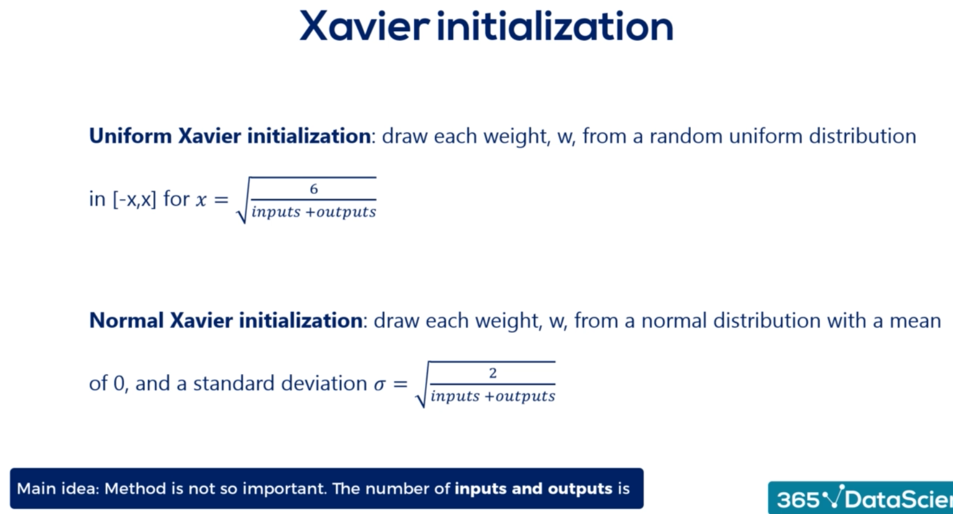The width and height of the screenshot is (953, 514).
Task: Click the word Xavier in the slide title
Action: (x=365, y=26)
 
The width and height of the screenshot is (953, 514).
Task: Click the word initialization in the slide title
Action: (x=555, y=26)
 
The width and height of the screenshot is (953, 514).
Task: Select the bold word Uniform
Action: (x=131, y=136)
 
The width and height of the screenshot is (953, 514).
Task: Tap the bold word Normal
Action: (x=126, y=321)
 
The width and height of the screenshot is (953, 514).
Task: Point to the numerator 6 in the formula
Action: (x=314, y=189)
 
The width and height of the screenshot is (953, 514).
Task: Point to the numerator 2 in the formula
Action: (x=493, y=373)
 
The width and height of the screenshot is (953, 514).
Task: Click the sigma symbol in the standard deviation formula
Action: (x=380, y=384)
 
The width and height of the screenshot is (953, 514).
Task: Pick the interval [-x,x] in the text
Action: (x=135, y=199)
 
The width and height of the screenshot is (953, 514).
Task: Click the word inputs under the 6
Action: (x=276, y=212)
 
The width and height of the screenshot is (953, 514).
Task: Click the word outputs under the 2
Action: (x=525, y=396)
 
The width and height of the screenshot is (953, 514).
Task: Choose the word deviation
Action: (x=324, y=383)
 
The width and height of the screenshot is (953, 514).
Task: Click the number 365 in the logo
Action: (x=798, y=500)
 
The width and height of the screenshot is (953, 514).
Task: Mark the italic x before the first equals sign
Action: (x=201, y=200)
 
